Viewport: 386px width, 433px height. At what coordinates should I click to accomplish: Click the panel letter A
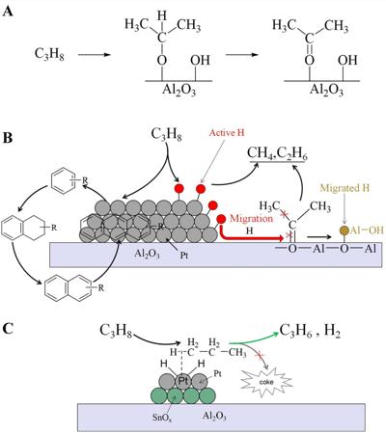pos(9,12)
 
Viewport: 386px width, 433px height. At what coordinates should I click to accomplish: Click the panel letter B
pos(8,138)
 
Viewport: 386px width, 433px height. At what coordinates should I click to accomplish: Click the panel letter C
pos(8,328)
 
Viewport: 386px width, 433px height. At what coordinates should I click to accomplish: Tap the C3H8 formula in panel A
pos(49,54)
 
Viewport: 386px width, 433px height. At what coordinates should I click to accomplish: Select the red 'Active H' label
pos(227,132)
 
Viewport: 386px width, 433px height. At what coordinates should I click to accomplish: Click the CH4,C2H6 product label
pos(277,153)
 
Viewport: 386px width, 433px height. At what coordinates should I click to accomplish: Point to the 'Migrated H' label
pos(345,188)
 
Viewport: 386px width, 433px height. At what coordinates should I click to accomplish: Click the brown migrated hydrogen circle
pos(345,230)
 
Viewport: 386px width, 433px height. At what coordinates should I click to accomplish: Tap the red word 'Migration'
pos(251,219)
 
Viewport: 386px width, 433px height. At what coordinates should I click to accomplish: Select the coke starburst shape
pos(266,382)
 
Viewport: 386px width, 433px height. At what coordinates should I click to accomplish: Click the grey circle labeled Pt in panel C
pos(183,381)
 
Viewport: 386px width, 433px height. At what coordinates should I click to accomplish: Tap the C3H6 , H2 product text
pos(311,331)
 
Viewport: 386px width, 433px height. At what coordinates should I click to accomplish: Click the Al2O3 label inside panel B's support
pos(148,254)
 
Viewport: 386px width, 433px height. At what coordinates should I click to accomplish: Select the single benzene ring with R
pos(68,181)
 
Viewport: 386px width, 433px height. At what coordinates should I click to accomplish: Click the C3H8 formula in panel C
pos(116,331)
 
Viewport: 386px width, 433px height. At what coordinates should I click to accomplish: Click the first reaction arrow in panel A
pos(95,55)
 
